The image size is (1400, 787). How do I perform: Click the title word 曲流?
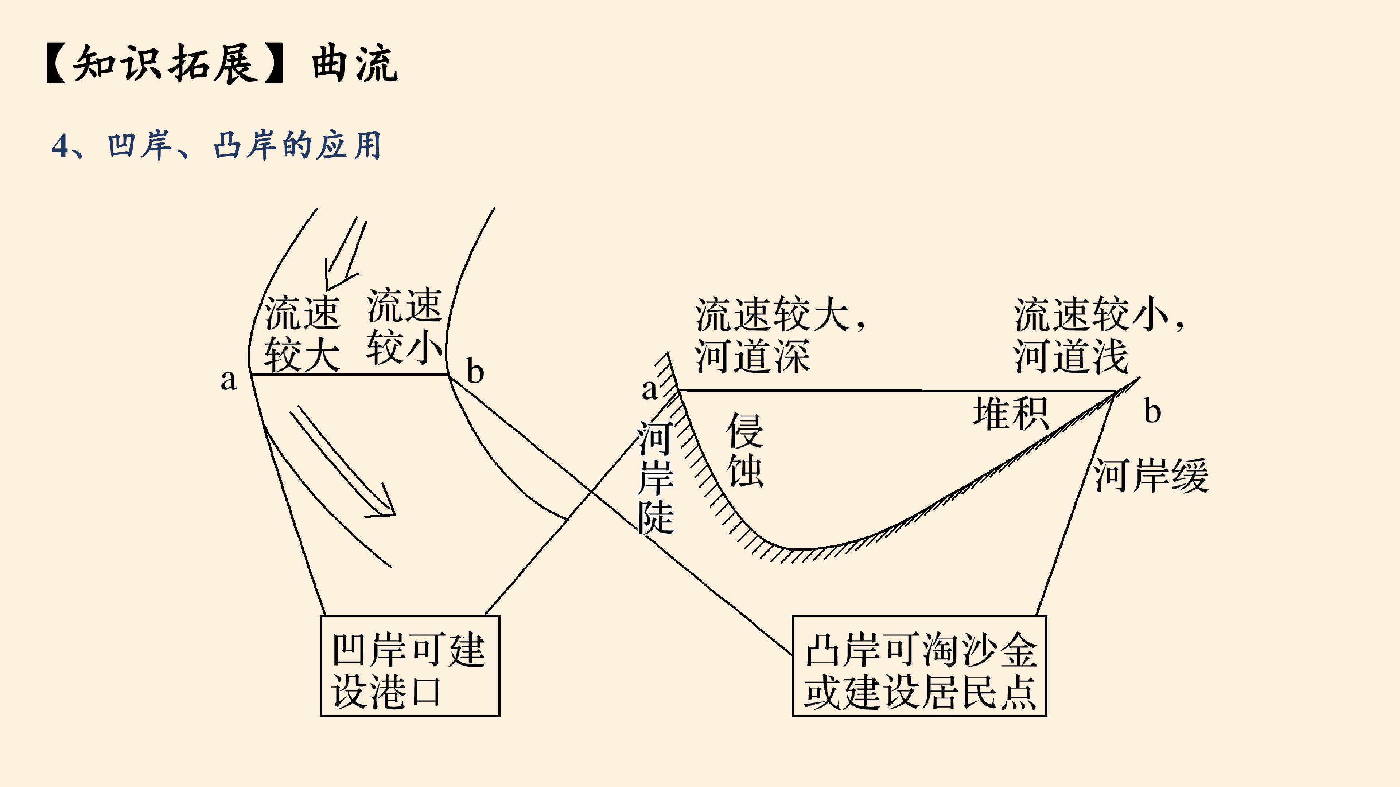[x=355, y=64]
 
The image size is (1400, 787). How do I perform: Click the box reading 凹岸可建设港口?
[x=410, y=666]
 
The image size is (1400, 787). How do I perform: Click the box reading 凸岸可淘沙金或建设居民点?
[x=919, y=666]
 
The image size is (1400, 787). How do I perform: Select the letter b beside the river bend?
[x=475, y=372]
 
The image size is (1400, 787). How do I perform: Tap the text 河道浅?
[x=1071, y=356]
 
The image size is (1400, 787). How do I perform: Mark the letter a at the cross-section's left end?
[x=649, y=389]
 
